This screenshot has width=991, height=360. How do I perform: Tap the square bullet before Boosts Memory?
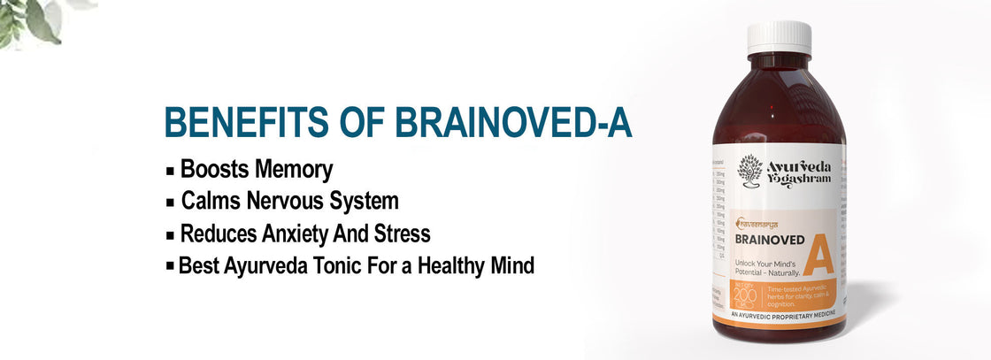(170, 170)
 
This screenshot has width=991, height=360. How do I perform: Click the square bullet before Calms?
(170, 202)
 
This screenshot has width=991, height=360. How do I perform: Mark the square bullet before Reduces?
(170, 234)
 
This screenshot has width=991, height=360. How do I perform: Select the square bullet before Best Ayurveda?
(170, 265)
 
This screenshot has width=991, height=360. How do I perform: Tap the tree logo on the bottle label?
(750, 167)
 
